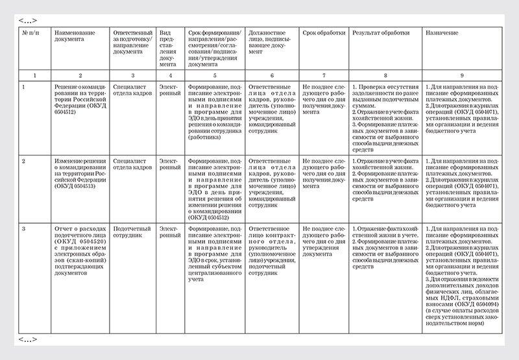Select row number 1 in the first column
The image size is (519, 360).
point(25,86)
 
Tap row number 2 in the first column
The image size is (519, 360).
point(25,159)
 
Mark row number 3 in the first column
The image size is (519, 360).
point(25,228)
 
